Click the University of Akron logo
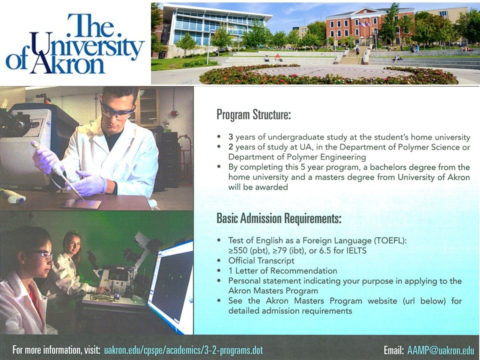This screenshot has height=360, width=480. tap(75, 43)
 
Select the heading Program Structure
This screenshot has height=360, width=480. tap(253, 115)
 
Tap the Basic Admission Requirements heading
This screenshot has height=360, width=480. tap(278, 218)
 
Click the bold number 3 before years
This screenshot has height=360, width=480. tap(231, 137)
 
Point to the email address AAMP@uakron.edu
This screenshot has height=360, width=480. tap(440, 350)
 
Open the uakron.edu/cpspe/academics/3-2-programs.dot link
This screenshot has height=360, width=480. tap(183, 350)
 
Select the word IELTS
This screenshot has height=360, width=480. tap(356, 250)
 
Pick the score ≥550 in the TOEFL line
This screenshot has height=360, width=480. tap(238, 251)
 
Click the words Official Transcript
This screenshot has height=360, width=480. tap(261, 261)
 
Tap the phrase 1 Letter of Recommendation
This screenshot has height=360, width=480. tap(282, 271)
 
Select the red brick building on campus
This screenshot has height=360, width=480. tap(370, 27)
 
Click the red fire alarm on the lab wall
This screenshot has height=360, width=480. tap(174, 113)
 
